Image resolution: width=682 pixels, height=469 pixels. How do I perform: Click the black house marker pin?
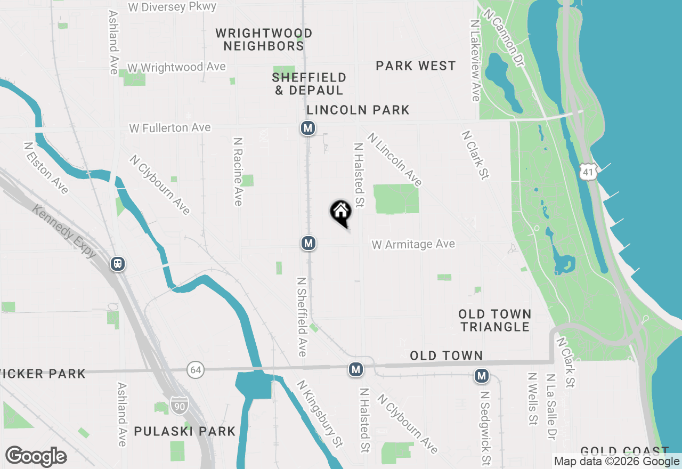(x=341, y=213)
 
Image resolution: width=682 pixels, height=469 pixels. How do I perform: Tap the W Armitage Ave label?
(x=413, y=244)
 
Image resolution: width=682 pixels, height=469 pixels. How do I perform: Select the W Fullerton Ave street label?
(x=170, y=128)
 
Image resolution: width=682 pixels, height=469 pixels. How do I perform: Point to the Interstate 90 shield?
(x=179, y=406)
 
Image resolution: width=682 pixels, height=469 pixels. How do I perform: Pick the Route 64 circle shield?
(x=196, y=369)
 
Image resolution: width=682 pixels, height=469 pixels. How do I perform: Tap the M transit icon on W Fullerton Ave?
(x=307, y=128)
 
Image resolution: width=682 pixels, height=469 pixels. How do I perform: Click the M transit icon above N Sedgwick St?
(x=482, y=376)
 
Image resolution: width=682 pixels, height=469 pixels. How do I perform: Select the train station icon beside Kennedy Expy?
(x=118, y=263)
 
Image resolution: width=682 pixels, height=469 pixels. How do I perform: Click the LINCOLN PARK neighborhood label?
(x=358, y=110)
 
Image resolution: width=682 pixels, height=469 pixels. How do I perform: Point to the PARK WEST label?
(x=416, y=66)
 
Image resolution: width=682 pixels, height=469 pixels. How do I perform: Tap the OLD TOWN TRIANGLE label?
(x=495, y=320)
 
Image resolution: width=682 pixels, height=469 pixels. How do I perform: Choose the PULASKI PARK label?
(x=184, y=431)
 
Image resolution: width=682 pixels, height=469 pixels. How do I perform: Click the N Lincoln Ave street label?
(x=395, y=160)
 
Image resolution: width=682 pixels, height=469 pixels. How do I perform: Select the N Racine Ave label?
(x=238, y=171)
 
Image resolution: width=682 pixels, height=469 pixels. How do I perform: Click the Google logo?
(x=36, y=457)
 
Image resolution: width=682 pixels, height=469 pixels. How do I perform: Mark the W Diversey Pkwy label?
(x=173, y=7)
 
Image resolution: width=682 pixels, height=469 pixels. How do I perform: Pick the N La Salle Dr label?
(x=551, y=406)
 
